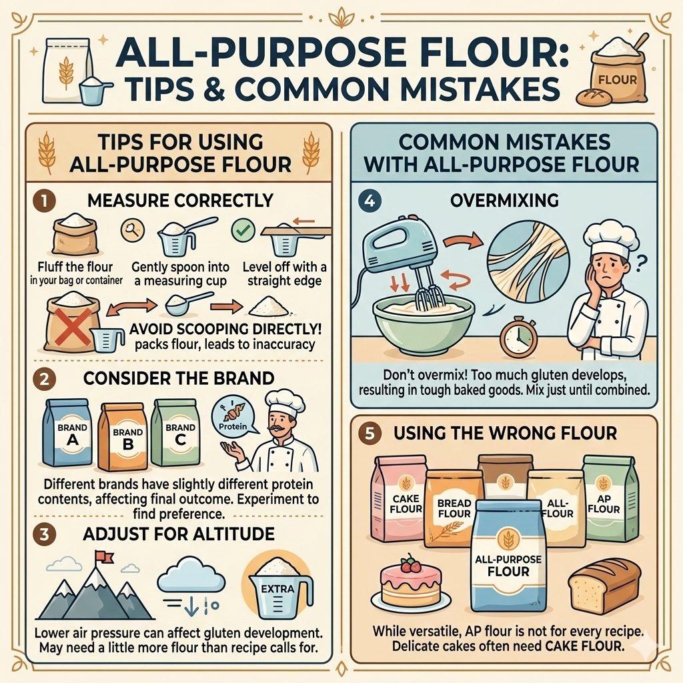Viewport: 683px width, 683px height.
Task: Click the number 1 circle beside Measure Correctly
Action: coord(45,201)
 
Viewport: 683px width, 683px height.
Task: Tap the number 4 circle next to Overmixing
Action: coord(370,201)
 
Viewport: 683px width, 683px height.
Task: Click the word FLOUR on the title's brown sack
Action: coord(618,80)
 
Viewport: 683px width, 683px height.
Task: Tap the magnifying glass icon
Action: coord(133,230)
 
